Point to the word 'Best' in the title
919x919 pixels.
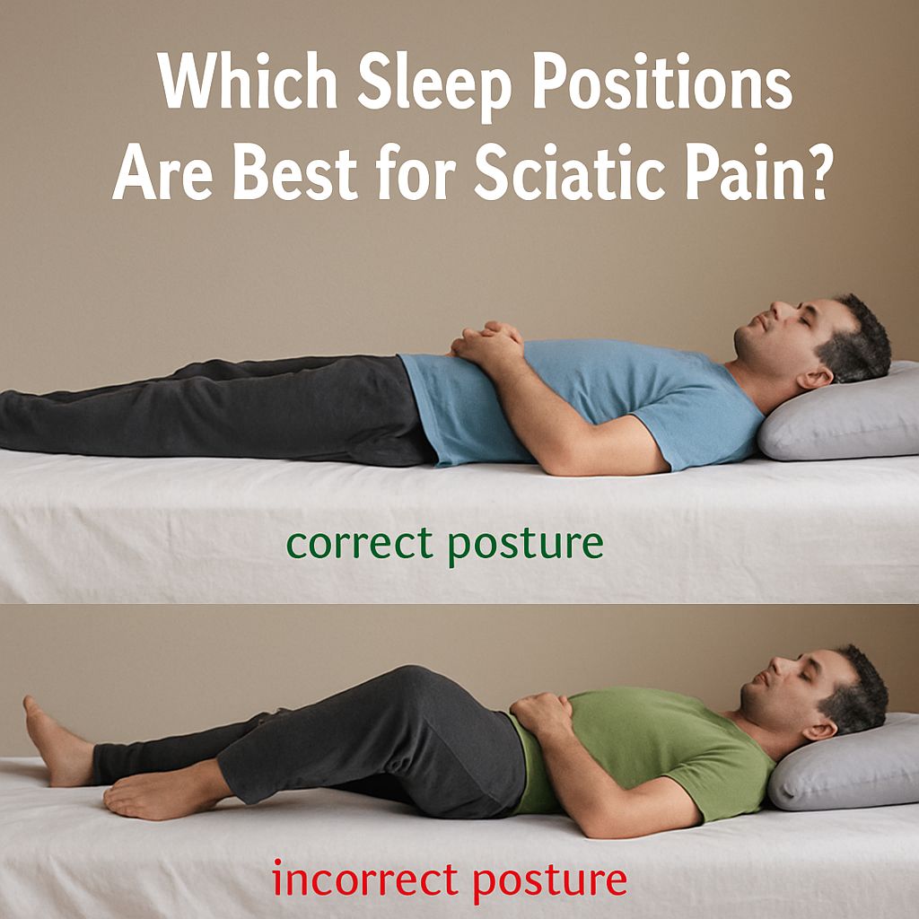(x=295, y=171)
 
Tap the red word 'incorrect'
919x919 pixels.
(x=364, y=880)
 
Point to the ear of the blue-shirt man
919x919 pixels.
(x=815, y=379)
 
